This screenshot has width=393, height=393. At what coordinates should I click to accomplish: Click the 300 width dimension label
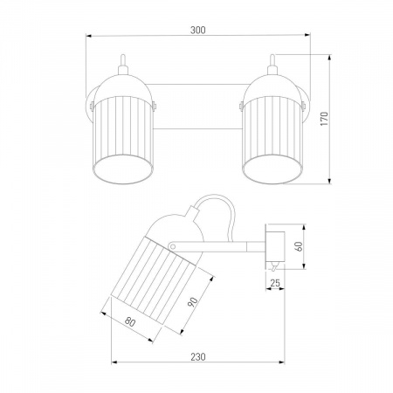[198, 30]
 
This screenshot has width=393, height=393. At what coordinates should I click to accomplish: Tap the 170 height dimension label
[324, 119]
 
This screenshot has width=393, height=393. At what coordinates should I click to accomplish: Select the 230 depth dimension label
[198, 356]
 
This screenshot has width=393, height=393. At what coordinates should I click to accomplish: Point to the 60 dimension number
[299, 246]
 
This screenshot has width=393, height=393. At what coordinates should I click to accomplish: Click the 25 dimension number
[275, 283]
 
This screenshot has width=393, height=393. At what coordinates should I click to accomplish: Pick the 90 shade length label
[192, 302]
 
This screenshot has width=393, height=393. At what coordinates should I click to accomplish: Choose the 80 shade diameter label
[130, 321]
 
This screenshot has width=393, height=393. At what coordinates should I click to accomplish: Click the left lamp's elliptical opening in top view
[123, 169]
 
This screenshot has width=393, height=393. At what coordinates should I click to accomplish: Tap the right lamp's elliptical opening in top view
[272, 169]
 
